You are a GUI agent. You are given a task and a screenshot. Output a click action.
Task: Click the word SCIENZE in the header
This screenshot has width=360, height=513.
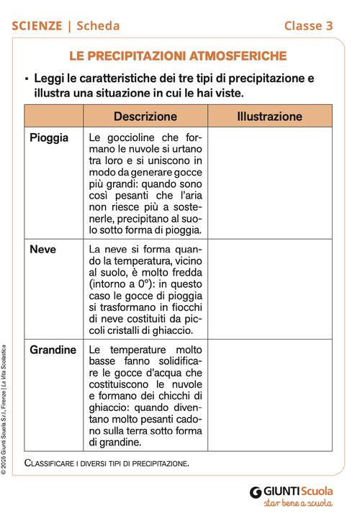coord(37,26)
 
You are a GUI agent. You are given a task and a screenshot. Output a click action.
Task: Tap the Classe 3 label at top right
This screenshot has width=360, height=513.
coord(308,26)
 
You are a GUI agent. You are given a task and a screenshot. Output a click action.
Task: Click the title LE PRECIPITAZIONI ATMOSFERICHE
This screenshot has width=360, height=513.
coord(178,56)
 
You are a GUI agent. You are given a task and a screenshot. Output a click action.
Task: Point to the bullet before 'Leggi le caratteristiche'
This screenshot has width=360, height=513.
coord(26,79)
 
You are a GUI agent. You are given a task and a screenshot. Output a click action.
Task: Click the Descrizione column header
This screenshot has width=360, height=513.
coord(145,117)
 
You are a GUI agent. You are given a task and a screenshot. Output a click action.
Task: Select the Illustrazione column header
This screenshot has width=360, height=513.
coord(269,117)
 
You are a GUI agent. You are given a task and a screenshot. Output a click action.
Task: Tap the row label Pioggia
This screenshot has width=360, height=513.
coord(50,137)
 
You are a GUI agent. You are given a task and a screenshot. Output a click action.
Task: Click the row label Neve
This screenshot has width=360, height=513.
coord(42,250)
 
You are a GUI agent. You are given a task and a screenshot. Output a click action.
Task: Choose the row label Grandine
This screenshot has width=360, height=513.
coord(53,350)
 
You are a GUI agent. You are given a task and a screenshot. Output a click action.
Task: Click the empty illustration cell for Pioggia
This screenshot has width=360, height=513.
coord(269,184)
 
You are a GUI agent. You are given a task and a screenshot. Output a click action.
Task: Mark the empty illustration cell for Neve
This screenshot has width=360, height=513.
coord(269,290)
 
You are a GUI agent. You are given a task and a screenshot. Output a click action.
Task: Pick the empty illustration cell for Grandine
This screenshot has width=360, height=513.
coord(269,396)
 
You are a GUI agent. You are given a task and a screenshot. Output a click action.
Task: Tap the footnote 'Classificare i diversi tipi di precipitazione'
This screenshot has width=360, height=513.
coord(107,463)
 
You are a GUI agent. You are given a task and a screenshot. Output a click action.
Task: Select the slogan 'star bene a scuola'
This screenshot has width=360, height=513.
coord(297,504)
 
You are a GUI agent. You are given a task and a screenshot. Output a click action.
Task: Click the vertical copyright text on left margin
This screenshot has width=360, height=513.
coord(6,410)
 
